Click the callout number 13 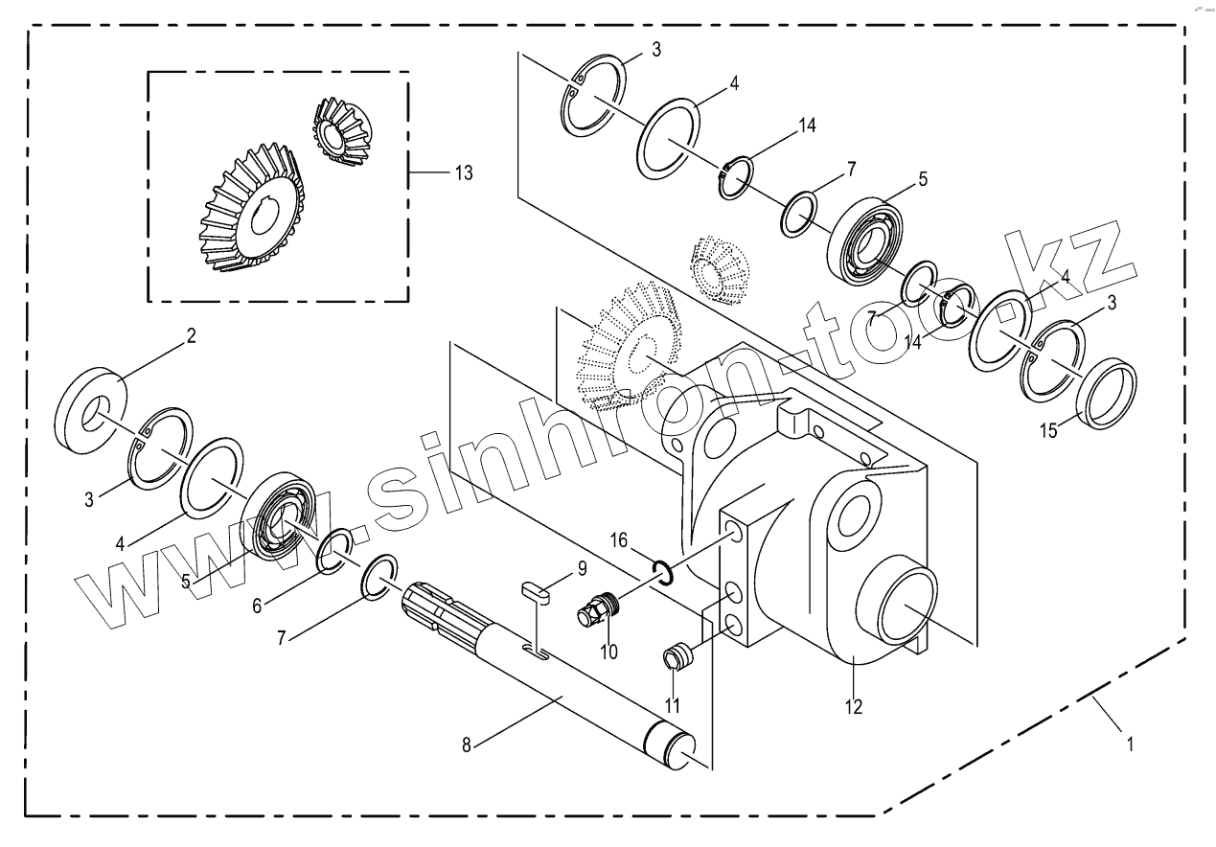[x=464, y=172]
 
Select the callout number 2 [x=192, y=335]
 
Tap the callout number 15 [x=1050, y=431]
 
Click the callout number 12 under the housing [x=854, y=707]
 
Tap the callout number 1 [x=1131, y=743]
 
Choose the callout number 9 [x=581, y=570]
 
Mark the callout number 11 [x=673, y=704]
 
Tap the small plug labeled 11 [x=677, y=657]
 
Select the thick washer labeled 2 [x=94, y=408]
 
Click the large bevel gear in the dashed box [x=252, y=211]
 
